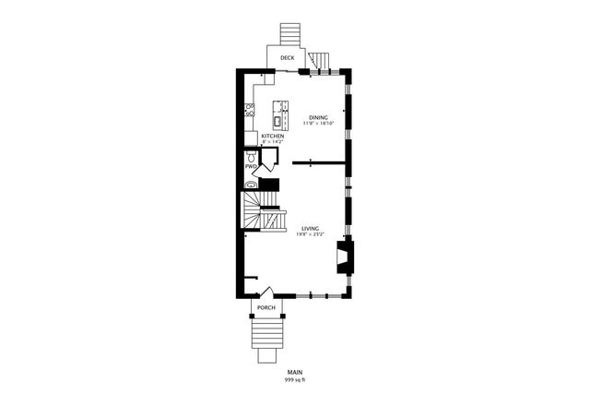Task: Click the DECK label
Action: point(287,58)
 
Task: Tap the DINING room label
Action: point(318,117)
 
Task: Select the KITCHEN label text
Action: point(273,136)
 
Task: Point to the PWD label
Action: point(250,166)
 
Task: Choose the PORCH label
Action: point(266,307)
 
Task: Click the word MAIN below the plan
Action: point(294,372)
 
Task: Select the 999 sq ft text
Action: point(294,379)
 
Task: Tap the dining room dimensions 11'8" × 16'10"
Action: point(318,124)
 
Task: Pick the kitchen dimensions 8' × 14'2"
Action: point(273,142)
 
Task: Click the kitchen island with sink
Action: point(277,113)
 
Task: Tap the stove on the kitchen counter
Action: point(249,112)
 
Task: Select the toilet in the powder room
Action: point(251,157)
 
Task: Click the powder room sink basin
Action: point(250,184)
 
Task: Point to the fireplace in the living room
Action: point(344,256)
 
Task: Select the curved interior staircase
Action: point(254,212)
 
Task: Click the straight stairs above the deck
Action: point(290,33)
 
